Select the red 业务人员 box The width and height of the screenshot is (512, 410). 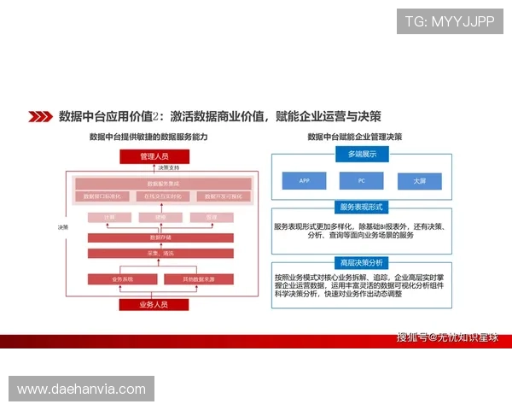point(154,304)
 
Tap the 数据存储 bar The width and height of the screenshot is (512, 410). point(161,237)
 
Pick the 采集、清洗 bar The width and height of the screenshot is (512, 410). point(161,253)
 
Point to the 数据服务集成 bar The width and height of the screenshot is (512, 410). point(162,184)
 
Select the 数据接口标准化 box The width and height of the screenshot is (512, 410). point(103,196)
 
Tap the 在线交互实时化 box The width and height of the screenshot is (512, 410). point(162,196)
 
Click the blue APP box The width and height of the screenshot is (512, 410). point(305,181)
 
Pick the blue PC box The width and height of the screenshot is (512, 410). point(362,181)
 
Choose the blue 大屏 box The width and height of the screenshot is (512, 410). point(419,181)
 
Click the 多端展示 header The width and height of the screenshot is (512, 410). point(361,154)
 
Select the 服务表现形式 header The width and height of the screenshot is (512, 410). point(361,208)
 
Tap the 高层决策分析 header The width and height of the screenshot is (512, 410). point(361,261)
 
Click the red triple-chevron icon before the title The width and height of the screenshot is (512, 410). point(39,116)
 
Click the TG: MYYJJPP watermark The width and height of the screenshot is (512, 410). point(449,20)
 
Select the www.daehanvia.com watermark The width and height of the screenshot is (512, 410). point(82,389)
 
